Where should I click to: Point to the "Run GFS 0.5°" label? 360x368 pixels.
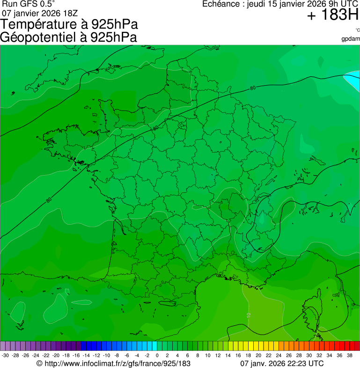tap(29, 4)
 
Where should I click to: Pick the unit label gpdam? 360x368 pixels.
tap(351, 38)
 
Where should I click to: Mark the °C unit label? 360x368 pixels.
tap(357, 30)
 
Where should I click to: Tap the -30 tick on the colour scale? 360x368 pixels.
tap(6, 355)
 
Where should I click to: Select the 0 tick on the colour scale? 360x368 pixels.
tap(157, 355)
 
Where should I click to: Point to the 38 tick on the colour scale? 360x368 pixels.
tap(349, 355)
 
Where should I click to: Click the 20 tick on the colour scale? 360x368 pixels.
tap(258, 355)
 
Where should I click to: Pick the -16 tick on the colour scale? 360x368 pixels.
tap(76, 355)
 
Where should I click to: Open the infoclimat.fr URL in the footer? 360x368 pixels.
tap(117, 363)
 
